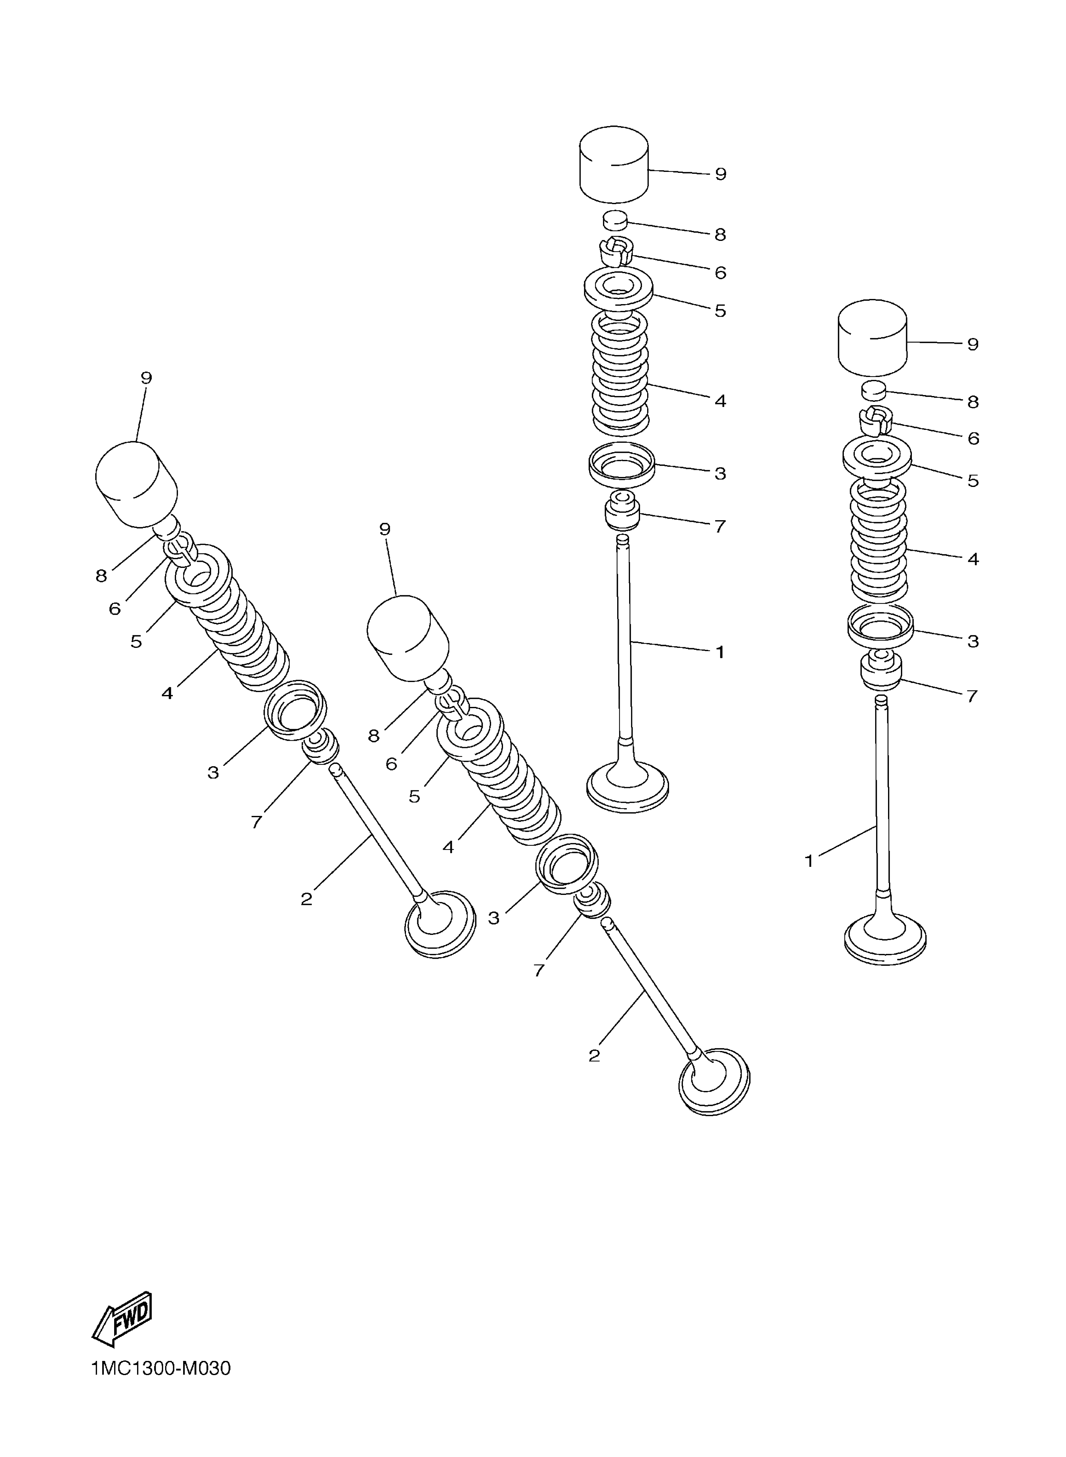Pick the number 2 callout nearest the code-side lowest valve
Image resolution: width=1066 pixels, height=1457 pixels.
594,1056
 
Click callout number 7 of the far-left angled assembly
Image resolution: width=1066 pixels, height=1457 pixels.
256,821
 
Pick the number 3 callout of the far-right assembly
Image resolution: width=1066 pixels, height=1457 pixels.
973,641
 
